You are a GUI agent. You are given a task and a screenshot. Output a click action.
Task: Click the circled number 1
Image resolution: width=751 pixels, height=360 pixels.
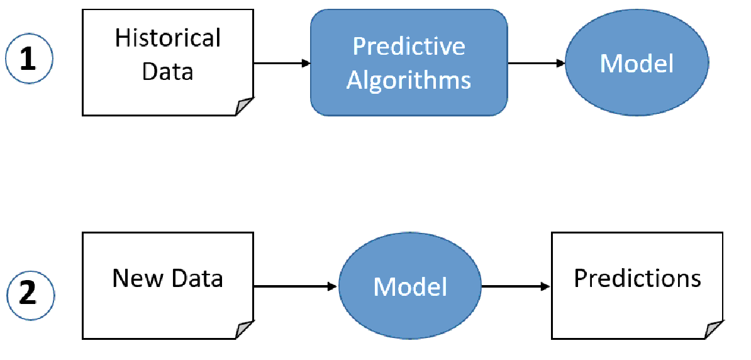coord(30,60)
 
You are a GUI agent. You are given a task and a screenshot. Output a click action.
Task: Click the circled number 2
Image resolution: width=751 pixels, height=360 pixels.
coord(30,294)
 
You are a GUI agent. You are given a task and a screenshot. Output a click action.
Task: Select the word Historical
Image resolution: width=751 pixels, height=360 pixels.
coord(167,39)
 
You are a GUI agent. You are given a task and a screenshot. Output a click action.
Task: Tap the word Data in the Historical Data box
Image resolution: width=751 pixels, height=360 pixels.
coord(167,72)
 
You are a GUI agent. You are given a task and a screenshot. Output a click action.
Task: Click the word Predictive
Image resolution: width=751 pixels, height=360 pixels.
coord(409,47)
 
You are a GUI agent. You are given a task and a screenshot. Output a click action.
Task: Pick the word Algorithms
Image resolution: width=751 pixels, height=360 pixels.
coord(409,80)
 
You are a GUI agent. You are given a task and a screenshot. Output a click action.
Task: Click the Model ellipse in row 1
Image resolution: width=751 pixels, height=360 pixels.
coord(637,64)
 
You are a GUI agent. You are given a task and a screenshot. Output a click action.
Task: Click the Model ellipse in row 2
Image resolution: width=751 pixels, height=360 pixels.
coord(410,286)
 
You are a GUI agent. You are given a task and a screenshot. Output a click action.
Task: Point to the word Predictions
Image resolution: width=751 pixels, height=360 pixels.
coord(637,278)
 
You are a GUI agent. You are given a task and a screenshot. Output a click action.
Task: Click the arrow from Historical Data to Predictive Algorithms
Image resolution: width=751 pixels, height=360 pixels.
coord(281,64)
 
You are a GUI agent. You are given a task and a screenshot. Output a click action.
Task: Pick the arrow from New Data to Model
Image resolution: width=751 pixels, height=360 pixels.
coord(296,286)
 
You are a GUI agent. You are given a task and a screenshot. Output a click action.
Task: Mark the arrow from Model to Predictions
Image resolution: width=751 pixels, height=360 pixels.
coord(516,286)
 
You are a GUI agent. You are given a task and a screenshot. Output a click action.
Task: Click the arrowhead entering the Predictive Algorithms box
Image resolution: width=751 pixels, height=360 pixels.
coord(306,64)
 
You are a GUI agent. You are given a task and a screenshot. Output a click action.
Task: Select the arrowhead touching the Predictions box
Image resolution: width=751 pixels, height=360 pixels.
coord(547,286)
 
